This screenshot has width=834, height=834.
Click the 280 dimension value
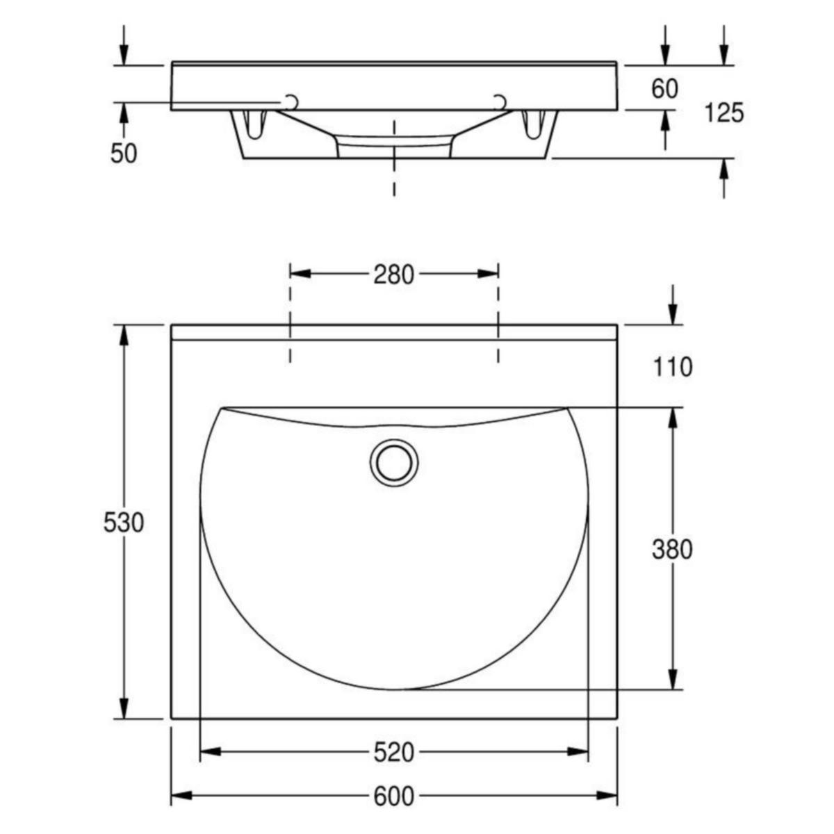coord(393,275)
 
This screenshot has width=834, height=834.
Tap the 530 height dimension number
coord(123,523)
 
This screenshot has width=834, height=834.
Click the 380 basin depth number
coord(672,550)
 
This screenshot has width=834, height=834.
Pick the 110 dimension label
coord(672,368)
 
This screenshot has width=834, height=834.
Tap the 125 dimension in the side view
coord(724,113)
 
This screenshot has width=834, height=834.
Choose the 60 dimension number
coord(665,89)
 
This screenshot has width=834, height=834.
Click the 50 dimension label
coord(124,153)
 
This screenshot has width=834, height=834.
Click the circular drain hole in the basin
coord(394,463)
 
